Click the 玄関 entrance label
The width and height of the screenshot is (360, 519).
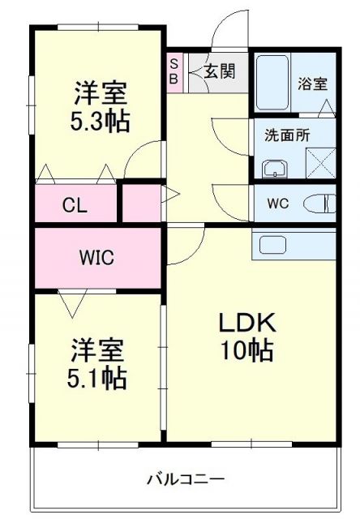220,71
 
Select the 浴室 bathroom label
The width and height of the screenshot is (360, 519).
312,83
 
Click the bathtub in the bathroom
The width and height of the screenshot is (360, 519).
271,84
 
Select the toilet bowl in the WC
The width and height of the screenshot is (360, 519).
321,203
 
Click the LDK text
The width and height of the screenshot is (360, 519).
247,322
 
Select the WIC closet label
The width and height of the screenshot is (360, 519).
96,258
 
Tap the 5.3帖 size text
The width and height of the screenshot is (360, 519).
100,122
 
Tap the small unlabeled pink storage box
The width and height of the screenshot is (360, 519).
139,203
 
